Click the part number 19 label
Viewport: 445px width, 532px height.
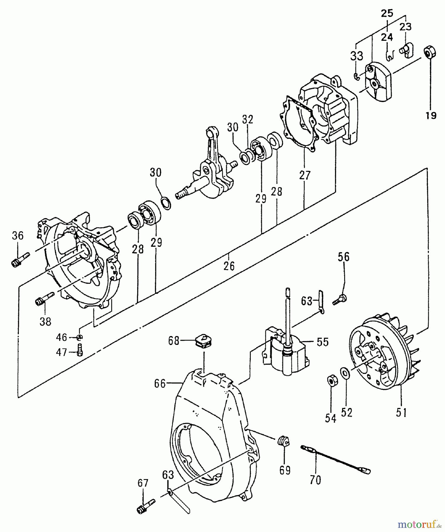431,116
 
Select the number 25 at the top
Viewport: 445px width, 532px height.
387,13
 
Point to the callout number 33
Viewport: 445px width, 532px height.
357,56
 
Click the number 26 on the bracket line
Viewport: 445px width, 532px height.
229,266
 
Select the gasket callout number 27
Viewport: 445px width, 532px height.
305,175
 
